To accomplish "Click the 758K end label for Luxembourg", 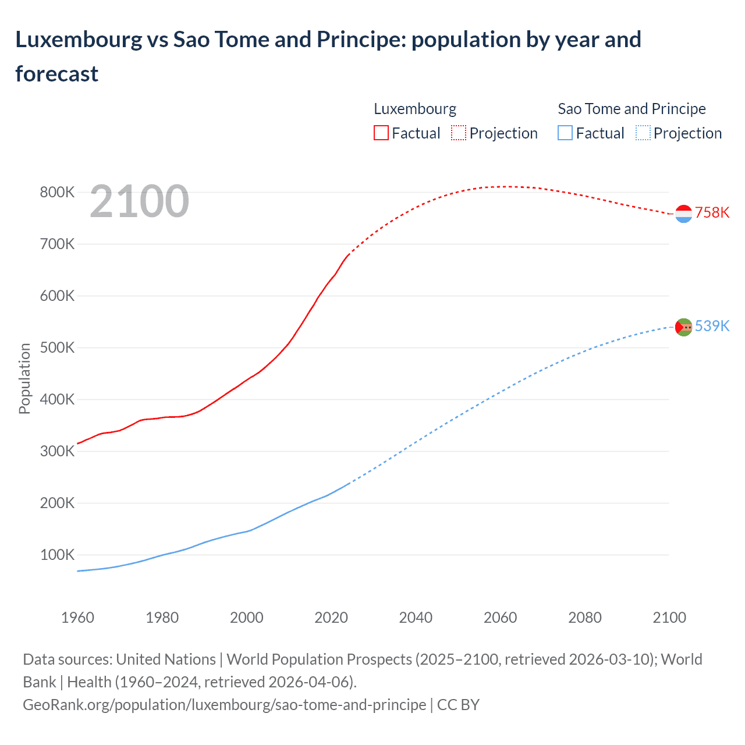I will (x=712, y=212).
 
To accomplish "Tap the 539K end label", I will (x=712, y=326).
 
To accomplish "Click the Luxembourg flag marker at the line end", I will (x=683, y=214).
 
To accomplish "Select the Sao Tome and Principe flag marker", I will (x=683, y=327).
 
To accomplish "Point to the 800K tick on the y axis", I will (x=57, y=193).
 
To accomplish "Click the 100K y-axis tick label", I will (x=57, y=555).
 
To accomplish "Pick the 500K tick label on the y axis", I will (x=57, y=348).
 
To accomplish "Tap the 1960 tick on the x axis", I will (x=77, y=618).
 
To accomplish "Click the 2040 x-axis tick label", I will (x=416, y=618).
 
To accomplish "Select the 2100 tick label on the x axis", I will (x=669, y=618).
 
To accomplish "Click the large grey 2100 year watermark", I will (x=139, y=201).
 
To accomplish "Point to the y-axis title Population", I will (x=24, y=378).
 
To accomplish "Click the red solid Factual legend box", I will (x=381, y=133).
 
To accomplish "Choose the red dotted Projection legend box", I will (x=459, y=133).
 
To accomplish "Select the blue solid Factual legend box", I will (x=565, y=133).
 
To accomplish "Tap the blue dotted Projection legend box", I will (x=643, y=133).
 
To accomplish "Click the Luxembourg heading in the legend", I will (x=414, y=109).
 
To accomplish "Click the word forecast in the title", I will (x=56, y=74).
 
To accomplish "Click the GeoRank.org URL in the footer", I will (x=224, y=705).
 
